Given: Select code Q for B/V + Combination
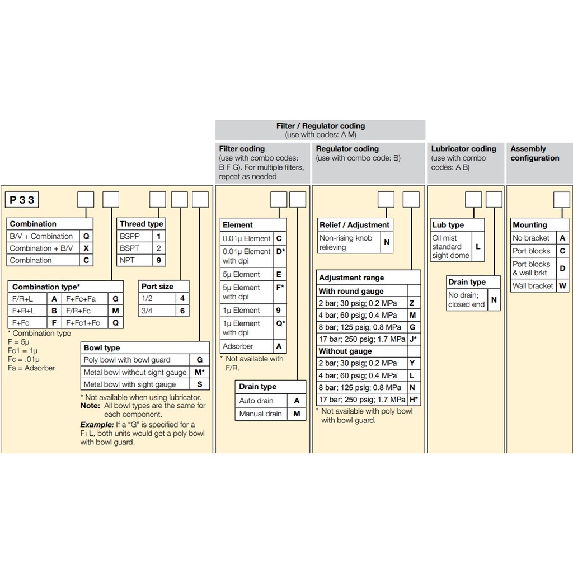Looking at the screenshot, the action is pos(86,236).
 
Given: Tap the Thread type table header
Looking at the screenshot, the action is pos(141,224).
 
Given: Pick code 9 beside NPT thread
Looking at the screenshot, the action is pos(158,260).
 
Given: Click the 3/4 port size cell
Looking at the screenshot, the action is pos(156,311).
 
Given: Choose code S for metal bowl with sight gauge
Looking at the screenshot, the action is pos(200,384).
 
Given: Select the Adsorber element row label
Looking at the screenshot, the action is pos(238,346).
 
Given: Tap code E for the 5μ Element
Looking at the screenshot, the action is pos(279,274).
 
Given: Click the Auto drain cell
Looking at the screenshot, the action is pos(256,401).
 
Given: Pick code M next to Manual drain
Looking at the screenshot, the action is pos(297,414).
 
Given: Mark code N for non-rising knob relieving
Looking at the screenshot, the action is pos(387,242).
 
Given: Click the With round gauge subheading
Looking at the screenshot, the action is pos(351,291).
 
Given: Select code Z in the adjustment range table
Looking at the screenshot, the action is pos(412,303).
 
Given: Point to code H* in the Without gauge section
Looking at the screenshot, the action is pos(414,400).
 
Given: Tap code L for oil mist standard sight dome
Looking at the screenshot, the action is pos(478,247).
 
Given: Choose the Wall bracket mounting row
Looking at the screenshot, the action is pos(533,285).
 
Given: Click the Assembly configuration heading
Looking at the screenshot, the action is pos(534,153).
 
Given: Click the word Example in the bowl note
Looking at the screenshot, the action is pos(97,425).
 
